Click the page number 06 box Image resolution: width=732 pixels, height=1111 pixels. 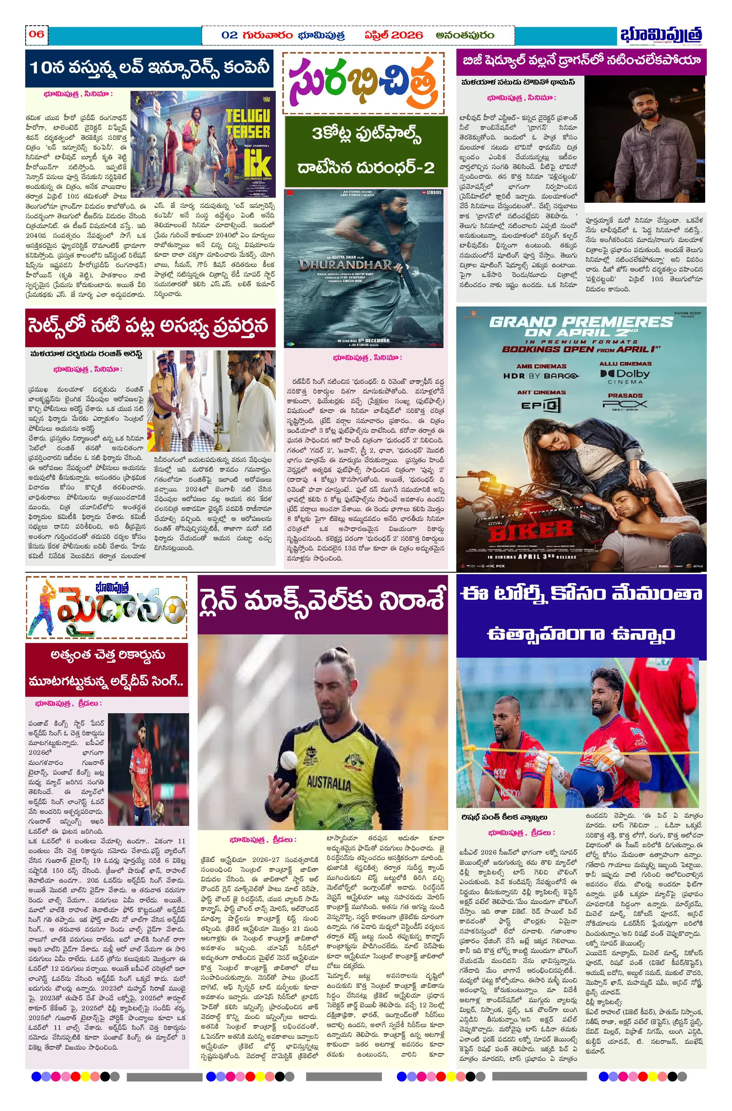point(37,35)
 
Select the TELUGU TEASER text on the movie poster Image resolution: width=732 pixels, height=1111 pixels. point(248,124)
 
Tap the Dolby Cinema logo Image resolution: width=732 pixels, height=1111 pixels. point(625,375)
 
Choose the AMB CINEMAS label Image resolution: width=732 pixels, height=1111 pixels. point(541,366)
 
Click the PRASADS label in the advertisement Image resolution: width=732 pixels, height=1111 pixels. point(625,395)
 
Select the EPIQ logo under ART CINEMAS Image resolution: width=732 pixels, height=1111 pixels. point(541,405)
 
